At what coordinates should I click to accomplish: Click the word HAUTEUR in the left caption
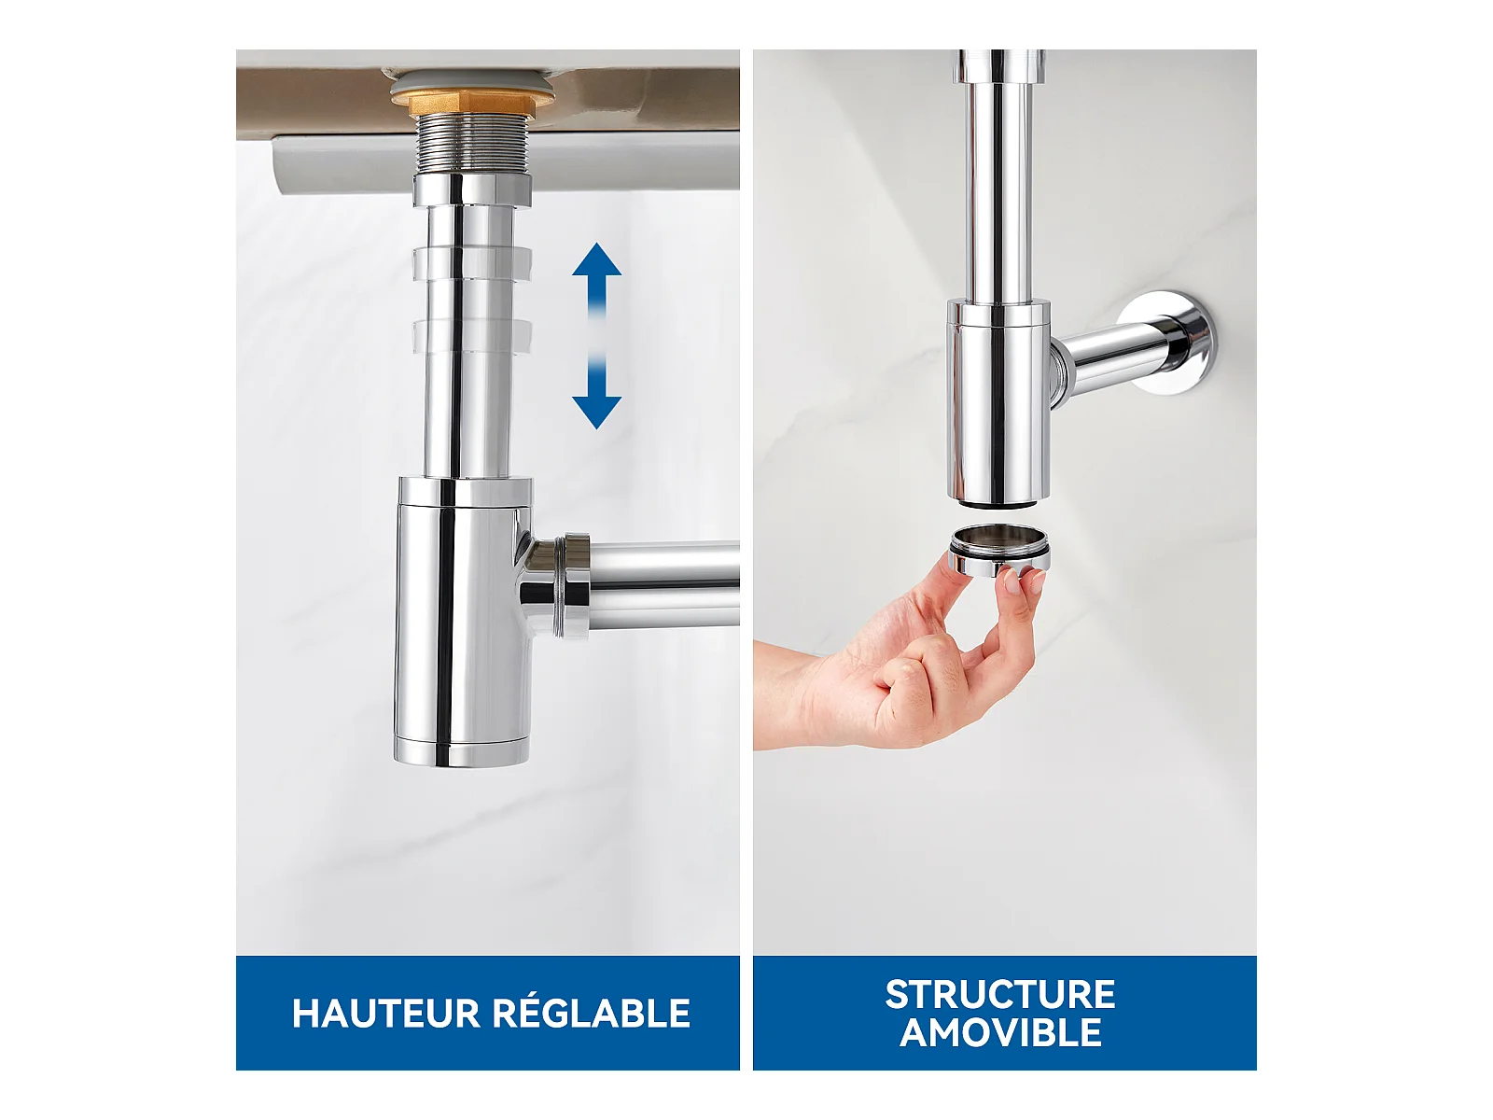tap(385, 1013)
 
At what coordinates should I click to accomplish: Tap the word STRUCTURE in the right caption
tap(1000, 995)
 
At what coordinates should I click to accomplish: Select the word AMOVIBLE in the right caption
tap(1000, 1033)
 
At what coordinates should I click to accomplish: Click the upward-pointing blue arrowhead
tap(596, 259)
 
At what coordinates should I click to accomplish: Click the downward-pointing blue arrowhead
tap(596, 413)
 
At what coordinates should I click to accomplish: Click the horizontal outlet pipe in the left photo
tap(663, 584)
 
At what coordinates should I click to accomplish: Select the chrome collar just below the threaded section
tap(471, 189)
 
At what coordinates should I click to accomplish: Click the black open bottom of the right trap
tap(998, 504)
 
